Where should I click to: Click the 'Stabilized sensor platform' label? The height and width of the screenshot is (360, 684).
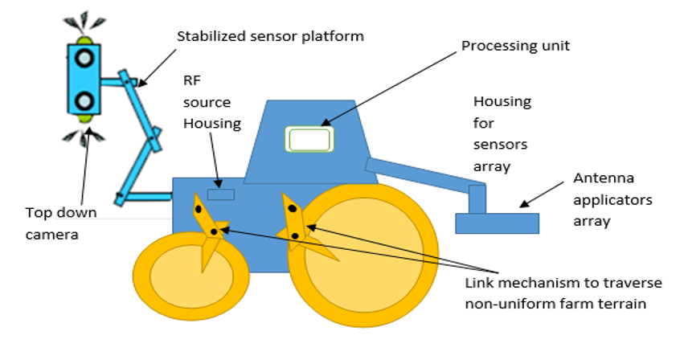270,36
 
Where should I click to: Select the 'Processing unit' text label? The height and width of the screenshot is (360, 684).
515,46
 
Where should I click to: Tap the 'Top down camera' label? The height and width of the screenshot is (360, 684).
61,222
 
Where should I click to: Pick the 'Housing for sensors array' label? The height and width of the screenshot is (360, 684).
502,133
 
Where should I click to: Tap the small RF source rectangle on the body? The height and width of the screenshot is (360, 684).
220,194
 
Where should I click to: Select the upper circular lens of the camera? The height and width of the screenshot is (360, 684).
84,58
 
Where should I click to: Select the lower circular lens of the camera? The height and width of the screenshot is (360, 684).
84,101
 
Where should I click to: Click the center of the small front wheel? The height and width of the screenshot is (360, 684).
183,277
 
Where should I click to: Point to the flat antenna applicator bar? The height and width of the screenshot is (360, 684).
496,223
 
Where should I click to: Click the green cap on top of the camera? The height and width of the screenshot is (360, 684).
84,39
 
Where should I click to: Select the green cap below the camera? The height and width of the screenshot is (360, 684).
84,119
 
